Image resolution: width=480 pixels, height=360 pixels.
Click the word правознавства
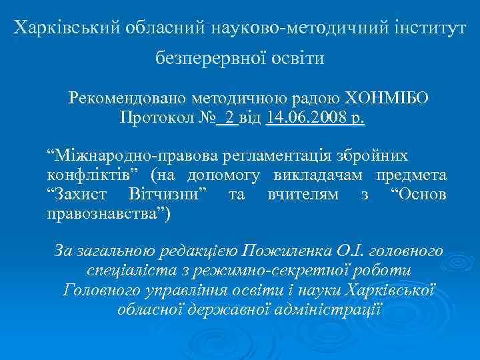107,214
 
